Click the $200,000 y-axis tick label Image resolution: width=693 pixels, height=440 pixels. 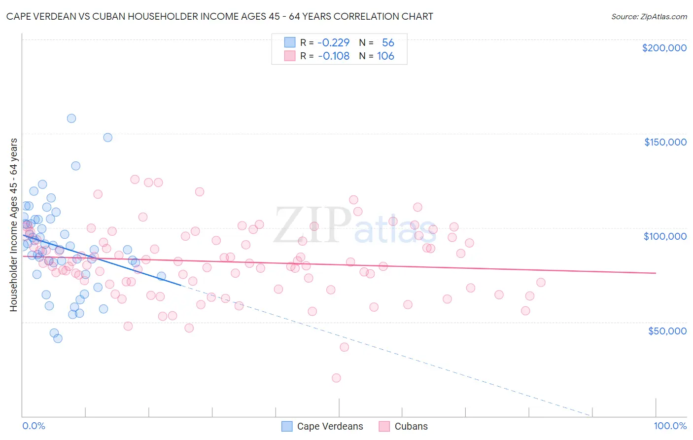664,48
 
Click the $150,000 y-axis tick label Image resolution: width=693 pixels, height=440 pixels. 665,142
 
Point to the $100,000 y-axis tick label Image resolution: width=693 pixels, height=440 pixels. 665,236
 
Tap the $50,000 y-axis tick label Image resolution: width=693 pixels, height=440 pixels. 667,331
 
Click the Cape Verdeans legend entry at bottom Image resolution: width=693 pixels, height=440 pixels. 329,427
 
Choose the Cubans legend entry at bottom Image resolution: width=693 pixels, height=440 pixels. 411,427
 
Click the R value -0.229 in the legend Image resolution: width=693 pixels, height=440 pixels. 333,42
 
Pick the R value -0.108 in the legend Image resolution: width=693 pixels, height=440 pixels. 333,56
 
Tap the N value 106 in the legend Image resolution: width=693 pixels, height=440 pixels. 385,56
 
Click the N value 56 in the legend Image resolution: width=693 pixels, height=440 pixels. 388,42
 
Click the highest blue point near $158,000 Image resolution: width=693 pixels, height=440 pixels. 71,118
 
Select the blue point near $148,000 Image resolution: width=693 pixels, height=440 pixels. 107,138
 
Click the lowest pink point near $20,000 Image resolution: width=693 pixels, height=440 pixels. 336,378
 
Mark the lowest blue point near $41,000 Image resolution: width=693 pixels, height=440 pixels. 58,338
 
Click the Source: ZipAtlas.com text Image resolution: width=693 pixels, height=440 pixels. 649,17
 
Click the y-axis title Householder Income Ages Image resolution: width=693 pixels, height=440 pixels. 14,225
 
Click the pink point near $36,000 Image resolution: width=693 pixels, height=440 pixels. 344,347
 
